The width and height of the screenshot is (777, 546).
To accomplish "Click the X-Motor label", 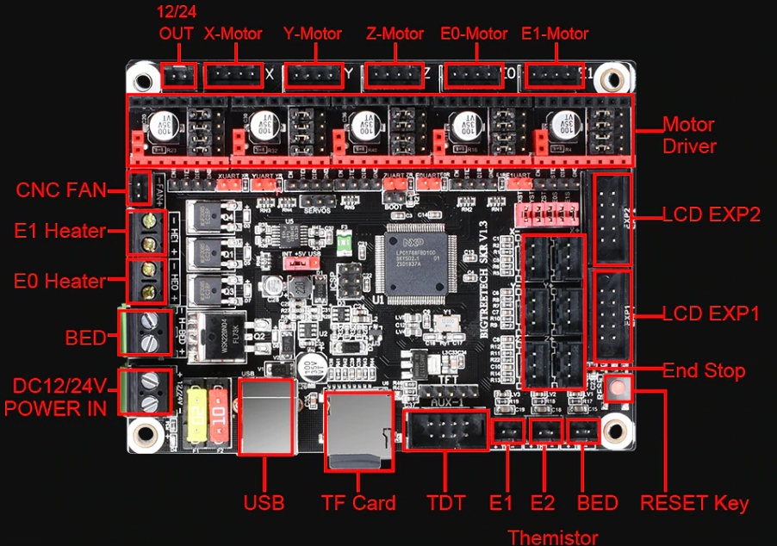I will [233, 34].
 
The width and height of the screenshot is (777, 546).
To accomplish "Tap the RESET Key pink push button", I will [617, 388].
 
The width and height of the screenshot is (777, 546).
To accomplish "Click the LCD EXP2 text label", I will [711, 214].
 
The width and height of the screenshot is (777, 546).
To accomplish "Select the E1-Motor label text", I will [555, 34].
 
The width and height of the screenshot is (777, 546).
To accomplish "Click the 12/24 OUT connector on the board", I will [179, 77].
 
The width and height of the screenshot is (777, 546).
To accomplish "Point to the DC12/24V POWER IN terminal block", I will [145, 391].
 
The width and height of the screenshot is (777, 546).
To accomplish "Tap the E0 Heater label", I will [60, 281].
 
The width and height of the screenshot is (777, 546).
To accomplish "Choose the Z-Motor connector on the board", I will [392, 77].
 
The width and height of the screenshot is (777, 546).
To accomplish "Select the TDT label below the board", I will [445, 503].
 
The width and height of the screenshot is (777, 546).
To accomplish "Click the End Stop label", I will [703, 371].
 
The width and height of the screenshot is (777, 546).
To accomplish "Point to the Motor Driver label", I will [688, 135].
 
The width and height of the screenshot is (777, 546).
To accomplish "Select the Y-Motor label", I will [313, 34].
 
